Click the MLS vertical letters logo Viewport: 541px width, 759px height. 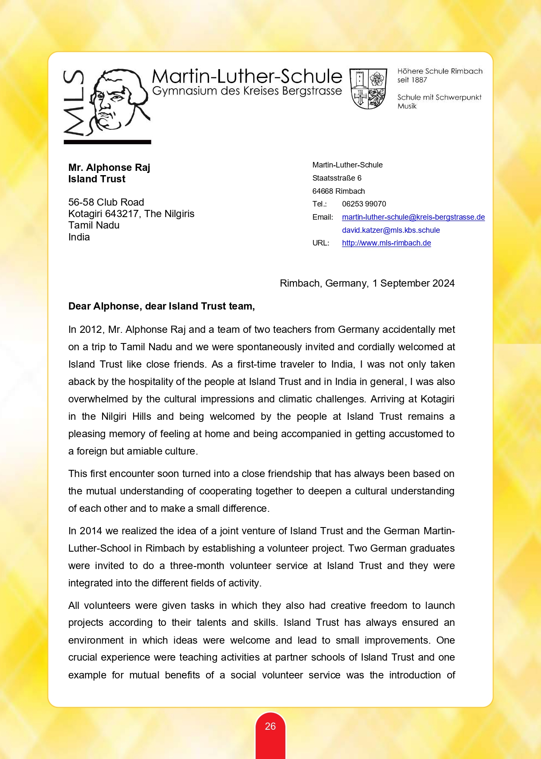73,103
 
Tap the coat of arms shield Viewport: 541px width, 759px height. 368,89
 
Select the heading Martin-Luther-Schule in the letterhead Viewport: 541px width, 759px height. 247,77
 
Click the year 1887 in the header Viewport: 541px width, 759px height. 418,80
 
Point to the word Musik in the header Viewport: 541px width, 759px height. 407,106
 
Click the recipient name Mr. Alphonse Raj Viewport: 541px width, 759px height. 109,167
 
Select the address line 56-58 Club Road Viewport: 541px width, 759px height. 106,202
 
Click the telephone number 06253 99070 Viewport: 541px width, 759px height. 364,204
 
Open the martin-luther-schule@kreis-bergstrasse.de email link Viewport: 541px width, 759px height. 413,217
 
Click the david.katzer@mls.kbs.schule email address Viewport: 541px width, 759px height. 390,230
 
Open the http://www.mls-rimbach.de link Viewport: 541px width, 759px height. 386,243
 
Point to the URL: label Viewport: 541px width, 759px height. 321,243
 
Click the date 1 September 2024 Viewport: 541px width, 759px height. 413,283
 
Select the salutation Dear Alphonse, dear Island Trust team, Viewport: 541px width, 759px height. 162,306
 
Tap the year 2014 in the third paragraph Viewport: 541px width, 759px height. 91,531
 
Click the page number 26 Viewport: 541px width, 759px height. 270,726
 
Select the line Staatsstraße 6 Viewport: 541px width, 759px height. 337,178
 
